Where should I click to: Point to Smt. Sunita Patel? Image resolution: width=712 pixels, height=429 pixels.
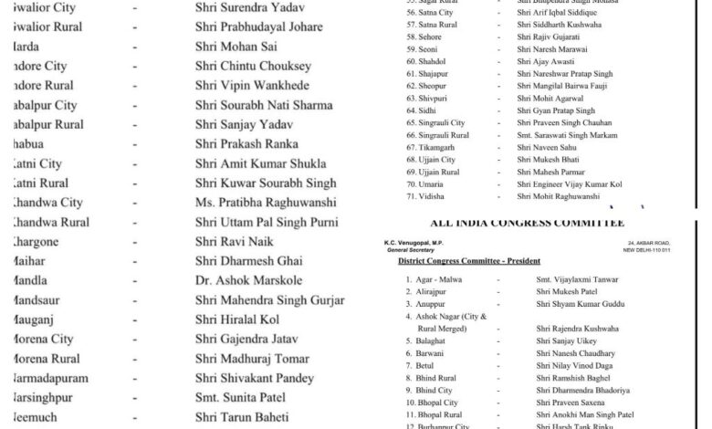point(239,398)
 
